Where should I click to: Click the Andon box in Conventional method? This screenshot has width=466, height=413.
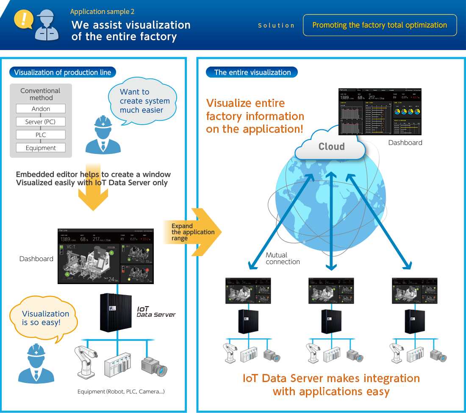[41, 109]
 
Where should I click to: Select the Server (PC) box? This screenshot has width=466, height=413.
[41, 122]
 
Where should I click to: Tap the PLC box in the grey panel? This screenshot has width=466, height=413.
[41, 135]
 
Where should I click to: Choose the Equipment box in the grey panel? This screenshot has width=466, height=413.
[41, 148]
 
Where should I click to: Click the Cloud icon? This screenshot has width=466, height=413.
[331, 146]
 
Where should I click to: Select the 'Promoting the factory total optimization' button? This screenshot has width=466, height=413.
[380, 25]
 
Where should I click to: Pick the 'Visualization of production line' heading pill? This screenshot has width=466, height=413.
[63, 73]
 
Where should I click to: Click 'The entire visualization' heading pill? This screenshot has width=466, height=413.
[252, 73]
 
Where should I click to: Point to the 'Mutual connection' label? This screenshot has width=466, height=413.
[282, 258]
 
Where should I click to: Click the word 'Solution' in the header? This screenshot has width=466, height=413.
[276, 25]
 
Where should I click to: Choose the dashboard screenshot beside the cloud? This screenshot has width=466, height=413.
[380, 112]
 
